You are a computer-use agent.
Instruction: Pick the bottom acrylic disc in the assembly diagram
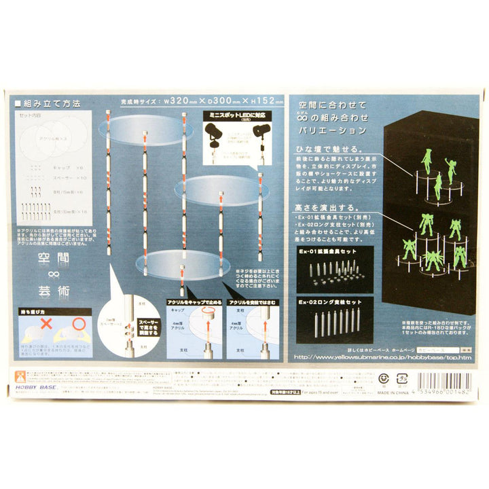(183, 262)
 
